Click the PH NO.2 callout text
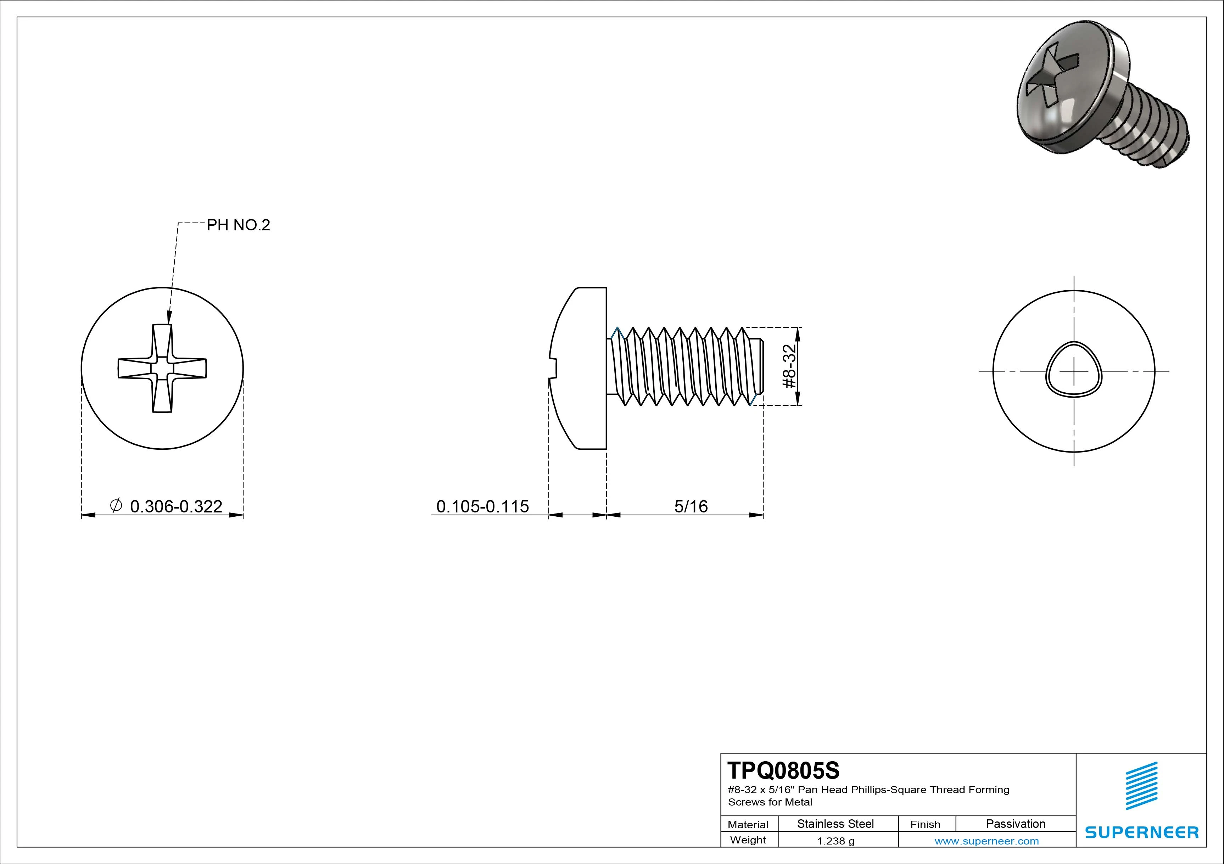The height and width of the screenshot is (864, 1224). tap(238, 225)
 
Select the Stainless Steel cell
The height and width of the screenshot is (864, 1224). tap(835, 824)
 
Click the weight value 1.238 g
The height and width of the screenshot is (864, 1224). tap(835, 841)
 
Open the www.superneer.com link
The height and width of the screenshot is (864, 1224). tap(986, 841)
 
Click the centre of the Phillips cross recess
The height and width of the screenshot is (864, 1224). tap(162, 368)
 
